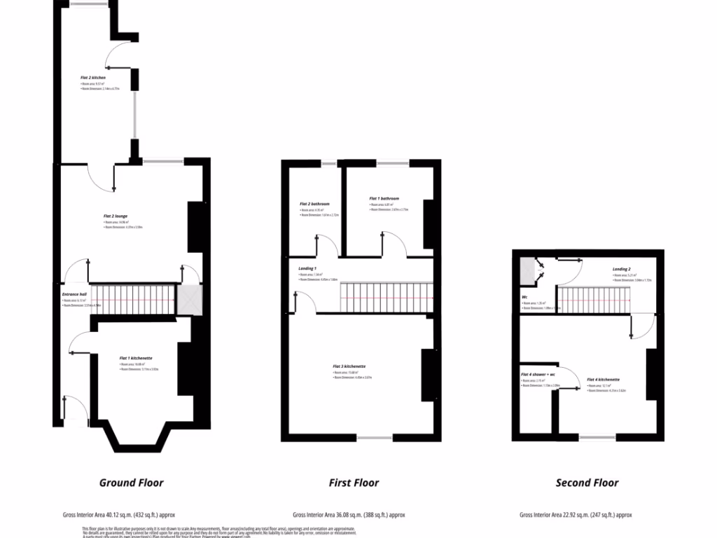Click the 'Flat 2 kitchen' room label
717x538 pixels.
(93, 78)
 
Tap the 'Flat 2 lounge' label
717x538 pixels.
(116, 216)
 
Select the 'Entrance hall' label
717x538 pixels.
(74, 294)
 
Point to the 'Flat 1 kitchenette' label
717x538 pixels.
(136, 358)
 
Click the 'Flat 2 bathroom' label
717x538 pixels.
(314, 204)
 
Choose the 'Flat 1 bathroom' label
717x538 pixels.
(384, 198)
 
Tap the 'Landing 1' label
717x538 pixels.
(307, 269)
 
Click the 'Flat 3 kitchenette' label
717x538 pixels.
(349, 366)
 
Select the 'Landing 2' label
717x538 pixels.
(622, 269)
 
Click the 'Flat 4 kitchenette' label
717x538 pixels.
(603, 380)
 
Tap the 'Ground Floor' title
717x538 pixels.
(131, 483)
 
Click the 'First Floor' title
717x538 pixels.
(354, 483)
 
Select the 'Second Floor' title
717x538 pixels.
(587, 483)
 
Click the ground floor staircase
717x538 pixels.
(133, 299)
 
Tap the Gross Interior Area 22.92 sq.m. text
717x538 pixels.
(576, 515)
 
